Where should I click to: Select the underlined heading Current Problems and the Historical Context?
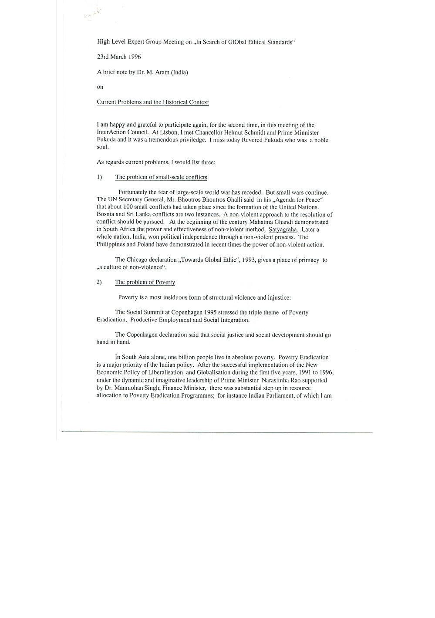pyautogui.click(x=152, y=102)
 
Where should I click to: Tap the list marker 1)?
pyautogui.click(x=99, y=177)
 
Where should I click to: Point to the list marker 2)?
pyautogui.click(x=99, y=282)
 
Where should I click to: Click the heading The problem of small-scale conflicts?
pyautogui.click(x=161, y=177)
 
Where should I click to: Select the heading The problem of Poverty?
pyautogui.click(x=145, y=282)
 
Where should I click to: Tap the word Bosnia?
pyautogui.click(x=105, y=215)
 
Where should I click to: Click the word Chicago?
pyautogui.click(x=136, y=260)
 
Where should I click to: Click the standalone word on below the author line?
pyautogui.click(x=100, y=87)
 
